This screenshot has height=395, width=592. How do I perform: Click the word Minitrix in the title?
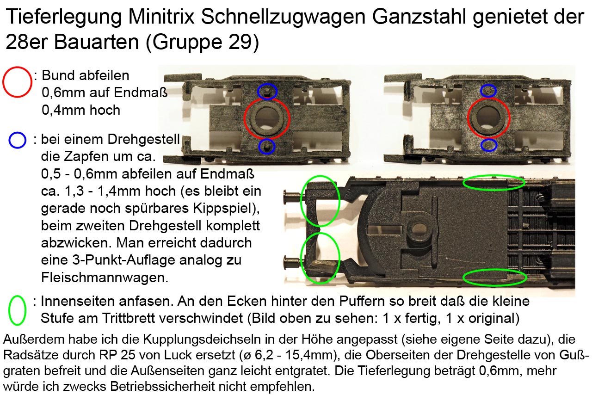click(x=161, y=16)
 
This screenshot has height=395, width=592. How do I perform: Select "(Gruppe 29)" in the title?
click(x=202, y=42)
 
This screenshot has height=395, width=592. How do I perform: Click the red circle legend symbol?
click(x=17, y=82)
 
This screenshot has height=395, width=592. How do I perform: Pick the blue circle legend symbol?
click(x=18, y=140)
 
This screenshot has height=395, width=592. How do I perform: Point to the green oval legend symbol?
click(x=18, y=310)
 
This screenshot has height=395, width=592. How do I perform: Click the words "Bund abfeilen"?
click(x=86, y=75)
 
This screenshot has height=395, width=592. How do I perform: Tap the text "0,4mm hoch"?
click(x=81, y=110)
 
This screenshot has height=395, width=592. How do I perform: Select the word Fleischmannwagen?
click(x=105, y=278)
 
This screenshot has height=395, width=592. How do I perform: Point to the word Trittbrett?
click(x=173, y=318)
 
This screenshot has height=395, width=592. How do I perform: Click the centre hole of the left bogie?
click(x=266, y=118)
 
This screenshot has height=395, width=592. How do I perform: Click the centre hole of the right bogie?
click(x=488, y=118)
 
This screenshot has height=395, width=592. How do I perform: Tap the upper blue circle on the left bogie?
click(x=267, y=92)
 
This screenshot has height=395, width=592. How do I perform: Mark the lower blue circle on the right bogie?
click(x=489, y=145)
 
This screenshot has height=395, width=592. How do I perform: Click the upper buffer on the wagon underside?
click(x=292, y=197)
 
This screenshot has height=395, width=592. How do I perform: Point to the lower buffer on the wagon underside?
click(x=292, y=262)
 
